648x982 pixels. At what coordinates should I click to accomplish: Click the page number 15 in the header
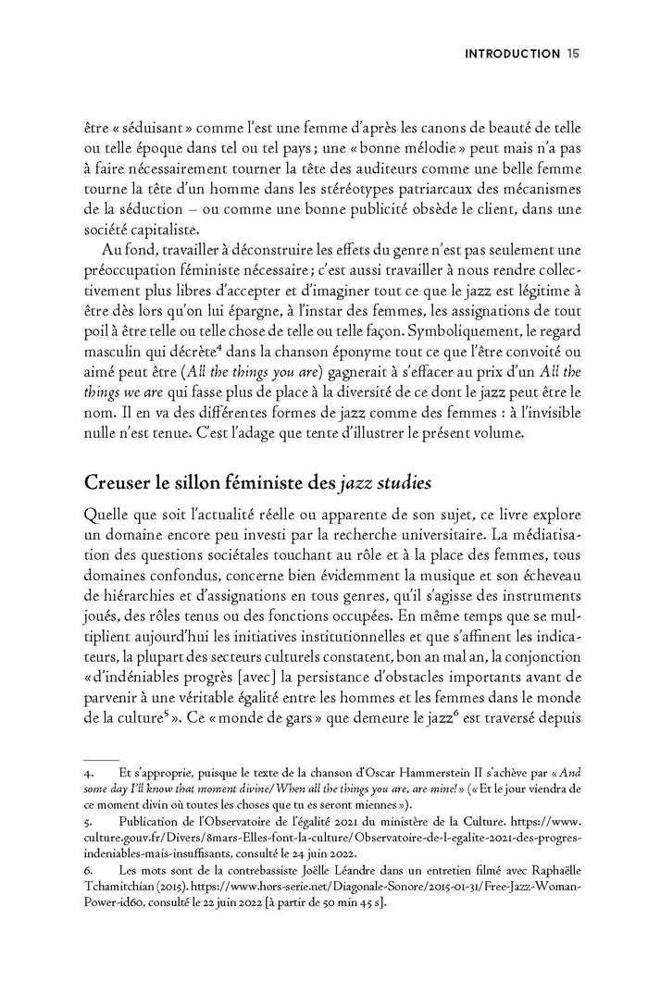[573, 55]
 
